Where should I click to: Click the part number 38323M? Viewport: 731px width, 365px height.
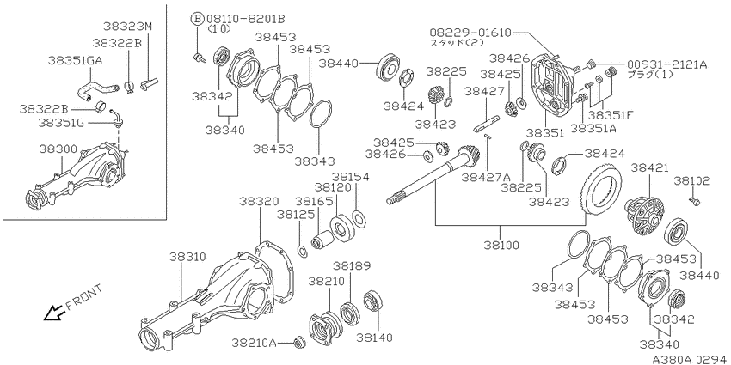click(x=128, y=27)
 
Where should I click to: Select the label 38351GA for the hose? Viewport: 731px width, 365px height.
click(x=76, y=60)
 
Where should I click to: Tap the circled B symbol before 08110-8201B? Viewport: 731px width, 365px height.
click(x=197, y=19)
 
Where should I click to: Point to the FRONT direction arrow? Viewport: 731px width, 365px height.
click(x=53, y=313)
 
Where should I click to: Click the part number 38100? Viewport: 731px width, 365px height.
click(x=501, y=245)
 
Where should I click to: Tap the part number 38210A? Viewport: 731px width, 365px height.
click(x=254, y=344)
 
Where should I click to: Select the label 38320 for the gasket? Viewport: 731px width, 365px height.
click(x=259, y=202)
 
